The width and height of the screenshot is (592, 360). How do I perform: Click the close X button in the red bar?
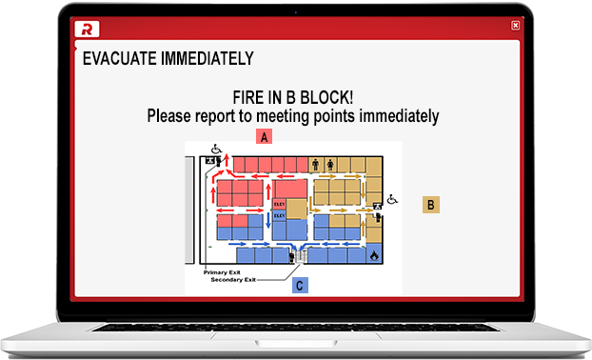coord(515,26)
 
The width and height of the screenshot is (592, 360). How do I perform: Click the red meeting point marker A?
coord(266,137)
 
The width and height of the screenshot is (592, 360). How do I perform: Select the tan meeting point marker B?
coord(431,205)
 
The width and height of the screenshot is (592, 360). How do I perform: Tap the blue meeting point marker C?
coord(300,284)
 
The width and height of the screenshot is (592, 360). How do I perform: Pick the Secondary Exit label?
coord(233,279)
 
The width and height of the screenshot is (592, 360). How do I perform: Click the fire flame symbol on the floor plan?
coord(374,255)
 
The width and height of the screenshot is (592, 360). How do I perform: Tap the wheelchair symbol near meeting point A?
coord(215,149)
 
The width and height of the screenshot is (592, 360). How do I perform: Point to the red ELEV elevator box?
coord(280,202)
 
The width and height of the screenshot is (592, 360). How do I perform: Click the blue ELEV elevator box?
coord(280,216)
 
